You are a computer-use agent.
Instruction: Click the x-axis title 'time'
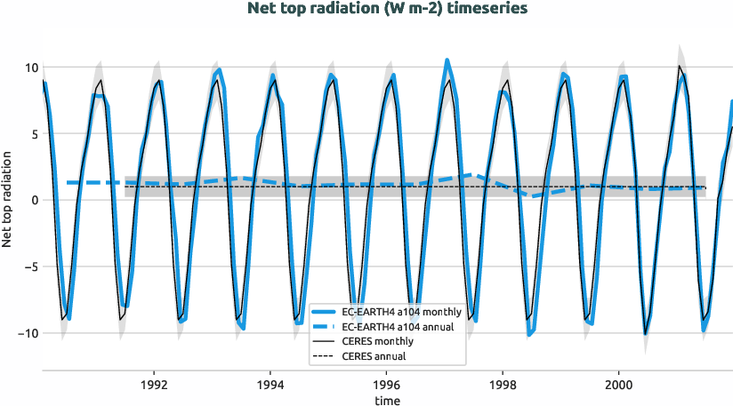387,401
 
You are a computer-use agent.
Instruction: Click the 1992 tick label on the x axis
154,386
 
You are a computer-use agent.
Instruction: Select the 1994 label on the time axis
270,386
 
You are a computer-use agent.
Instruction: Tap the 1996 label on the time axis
387,386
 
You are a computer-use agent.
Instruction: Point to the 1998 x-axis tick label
503,386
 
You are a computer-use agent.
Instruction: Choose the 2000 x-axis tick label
619,386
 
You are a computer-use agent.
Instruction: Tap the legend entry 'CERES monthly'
379,341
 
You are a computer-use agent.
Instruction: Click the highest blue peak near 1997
447,60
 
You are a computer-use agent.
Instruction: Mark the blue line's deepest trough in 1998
529,335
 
